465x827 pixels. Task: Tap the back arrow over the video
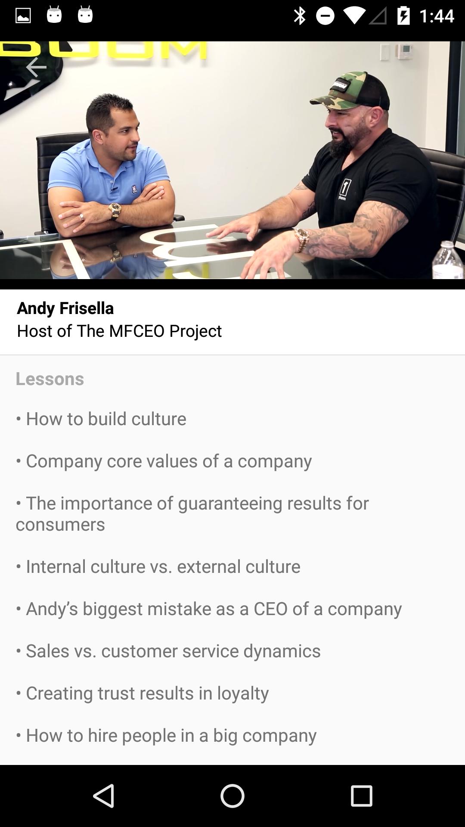[36, 67]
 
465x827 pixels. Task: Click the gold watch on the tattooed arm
[301, 239]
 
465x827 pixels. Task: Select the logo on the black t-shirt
[344, 189]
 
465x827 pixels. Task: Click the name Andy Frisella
[65, 308]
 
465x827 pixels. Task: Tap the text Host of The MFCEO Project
[119, 331]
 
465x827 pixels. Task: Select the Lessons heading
[50, 379]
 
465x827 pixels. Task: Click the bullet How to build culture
[101, 419]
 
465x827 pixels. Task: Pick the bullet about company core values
[164, 461]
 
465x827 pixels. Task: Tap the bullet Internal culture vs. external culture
[158, 566]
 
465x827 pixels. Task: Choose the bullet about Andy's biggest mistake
[209, 609]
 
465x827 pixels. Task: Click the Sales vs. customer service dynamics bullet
[168, 651]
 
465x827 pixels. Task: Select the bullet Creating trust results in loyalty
[143, 693]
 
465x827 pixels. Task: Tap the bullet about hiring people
[166, 735]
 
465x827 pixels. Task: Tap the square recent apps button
[361, 796]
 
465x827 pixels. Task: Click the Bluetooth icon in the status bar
[299, 16]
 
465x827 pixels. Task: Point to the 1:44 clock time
[436, 16]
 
